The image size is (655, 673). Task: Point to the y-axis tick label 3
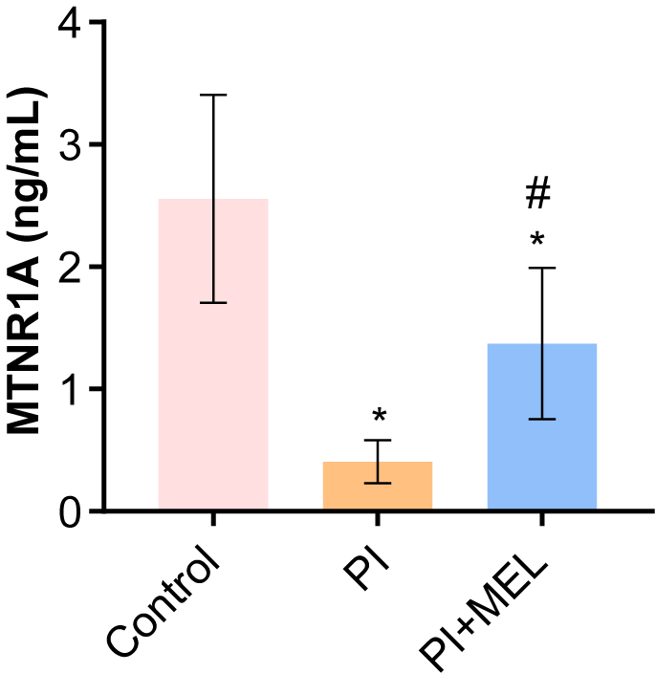pyautogui.click(x=69, y=145)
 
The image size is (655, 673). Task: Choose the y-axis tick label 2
pyautogui.click(x=69, y=268)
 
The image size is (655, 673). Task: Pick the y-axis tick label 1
pyautogui.click(x=69, y=389)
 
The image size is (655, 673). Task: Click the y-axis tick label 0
pyautogui.click(x=69, y=511)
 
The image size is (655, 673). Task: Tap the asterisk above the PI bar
pyautogui.click(x=379, y=416)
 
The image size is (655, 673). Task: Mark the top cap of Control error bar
pyautogui.click(x=212, y=95)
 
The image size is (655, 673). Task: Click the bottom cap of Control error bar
pyautogui.click(x=212, y=302)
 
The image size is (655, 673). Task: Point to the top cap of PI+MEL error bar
pyautogui.click(x=542, y=268)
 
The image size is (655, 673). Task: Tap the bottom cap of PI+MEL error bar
pyautogui.click(x=542, y=419)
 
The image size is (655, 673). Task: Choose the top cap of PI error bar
pyautogui.click(x=378, y=440)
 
